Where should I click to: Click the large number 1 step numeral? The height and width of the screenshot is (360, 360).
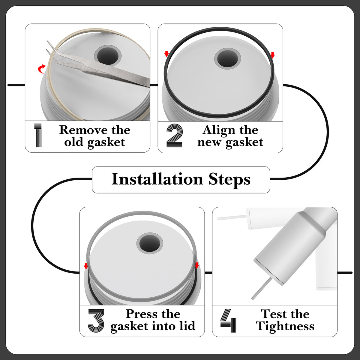pos(38,135)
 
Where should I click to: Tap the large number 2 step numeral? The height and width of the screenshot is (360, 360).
pos(174,135)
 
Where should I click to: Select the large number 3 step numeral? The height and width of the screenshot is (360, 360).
pos(96,321)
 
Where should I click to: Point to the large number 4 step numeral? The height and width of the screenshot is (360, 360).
pos(228,321)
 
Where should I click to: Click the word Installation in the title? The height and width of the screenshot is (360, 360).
pos(157,179)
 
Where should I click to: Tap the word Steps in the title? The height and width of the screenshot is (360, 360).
pos(229,180)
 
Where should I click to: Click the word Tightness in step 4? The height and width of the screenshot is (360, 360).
pos(285,327)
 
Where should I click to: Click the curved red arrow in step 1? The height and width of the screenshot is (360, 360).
pos(42,69)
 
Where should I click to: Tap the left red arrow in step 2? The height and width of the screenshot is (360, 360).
pos(166,54)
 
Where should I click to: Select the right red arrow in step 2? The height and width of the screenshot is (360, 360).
pos(273,55)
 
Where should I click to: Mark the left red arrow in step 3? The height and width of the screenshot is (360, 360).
pos(86,266)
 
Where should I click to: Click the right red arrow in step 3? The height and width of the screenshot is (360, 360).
pos(196,265)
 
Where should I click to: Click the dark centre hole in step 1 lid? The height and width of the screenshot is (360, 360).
pos(108,56)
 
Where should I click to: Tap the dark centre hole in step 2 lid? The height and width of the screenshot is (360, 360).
pos(227,58)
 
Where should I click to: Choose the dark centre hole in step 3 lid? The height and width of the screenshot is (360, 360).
pos(150,243)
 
